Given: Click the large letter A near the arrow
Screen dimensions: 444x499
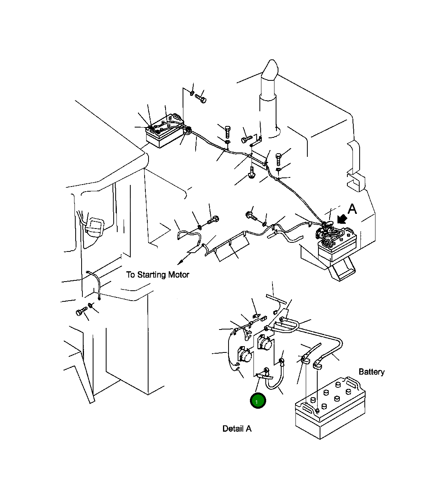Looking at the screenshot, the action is click(352, 209).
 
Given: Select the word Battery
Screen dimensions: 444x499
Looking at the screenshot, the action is click(371, 371).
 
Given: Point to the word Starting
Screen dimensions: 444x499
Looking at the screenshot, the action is click(151, 275).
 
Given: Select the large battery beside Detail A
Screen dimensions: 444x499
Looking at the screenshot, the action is click(330, 408).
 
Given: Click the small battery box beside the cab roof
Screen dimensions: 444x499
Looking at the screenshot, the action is click(165, 133).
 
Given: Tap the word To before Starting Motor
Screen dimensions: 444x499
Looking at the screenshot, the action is click(131, 274).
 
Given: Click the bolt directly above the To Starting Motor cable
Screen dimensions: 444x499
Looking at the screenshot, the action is click(213, 220).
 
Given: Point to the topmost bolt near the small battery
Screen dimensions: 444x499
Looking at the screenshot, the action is click(201, 99).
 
